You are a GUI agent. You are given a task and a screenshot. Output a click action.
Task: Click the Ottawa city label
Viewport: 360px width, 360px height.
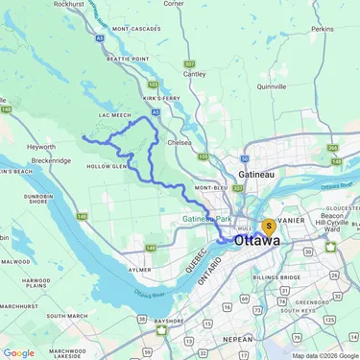[x=257, y=241]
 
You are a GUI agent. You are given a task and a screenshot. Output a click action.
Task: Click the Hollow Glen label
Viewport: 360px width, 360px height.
[x=107, y=166]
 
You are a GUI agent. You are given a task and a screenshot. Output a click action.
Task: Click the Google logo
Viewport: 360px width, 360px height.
[x=18, y=352]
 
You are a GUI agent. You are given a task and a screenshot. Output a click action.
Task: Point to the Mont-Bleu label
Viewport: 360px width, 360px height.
[x=209, y=188]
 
